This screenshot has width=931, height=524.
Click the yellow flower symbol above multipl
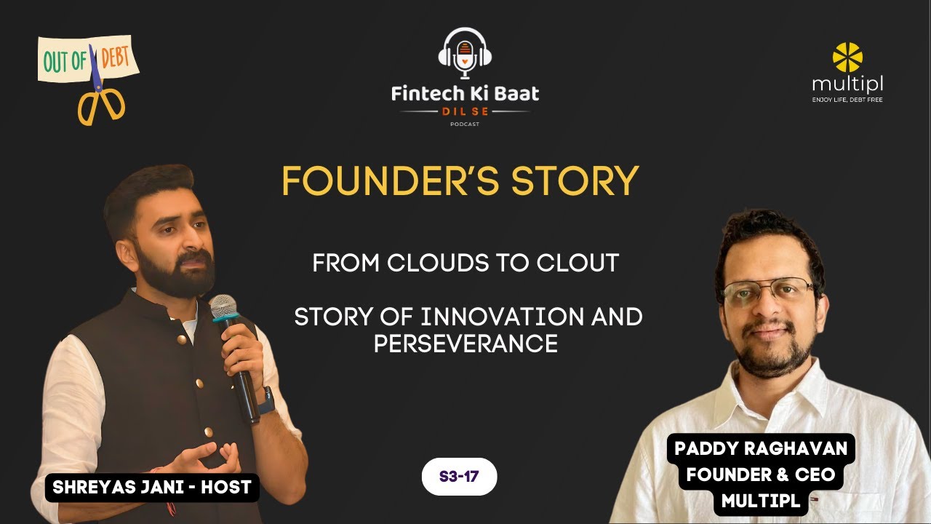(847, 57)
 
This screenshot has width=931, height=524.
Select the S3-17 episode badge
(459, 477)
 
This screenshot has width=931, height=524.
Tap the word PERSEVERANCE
(465, 344)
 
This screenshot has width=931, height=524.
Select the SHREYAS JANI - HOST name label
(152, 488)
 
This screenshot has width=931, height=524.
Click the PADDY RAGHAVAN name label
(761, 448)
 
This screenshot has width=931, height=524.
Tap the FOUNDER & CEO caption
(761, 475)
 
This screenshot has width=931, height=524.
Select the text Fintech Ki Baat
(465, 93)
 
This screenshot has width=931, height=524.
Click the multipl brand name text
(847, 84)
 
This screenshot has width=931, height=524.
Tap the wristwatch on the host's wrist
(265, 400)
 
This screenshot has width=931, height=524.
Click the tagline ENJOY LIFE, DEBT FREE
(847, 100)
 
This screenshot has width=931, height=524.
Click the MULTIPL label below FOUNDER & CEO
(761, 500)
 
